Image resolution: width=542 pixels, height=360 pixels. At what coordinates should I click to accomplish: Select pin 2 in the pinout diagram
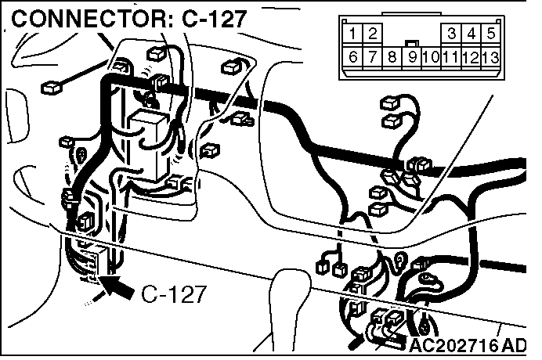pos(373,34)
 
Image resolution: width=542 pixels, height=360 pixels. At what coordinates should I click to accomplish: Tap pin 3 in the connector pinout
pos(453,34)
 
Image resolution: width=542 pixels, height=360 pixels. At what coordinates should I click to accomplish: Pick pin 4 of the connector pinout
pos(472,34)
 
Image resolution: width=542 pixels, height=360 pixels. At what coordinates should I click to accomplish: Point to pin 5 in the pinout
pos(490,34)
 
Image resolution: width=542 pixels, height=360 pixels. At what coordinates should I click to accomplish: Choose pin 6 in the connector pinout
pos(354,57)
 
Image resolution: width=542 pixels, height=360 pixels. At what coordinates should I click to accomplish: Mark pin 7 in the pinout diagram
pos(373,57)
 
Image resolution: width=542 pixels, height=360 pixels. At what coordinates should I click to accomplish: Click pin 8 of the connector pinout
pos(392,57)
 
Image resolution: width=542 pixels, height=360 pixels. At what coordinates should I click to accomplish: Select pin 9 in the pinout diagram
pos(411,57)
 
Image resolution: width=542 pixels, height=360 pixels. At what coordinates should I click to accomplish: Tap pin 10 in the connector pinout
pos(430,57)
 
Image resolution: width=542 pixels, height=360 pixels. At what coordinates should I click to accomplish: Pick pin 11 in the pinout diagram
pos(450,57)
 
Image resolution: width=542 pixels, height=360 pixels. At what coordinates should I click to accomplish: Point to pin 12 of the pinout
pos(470,57)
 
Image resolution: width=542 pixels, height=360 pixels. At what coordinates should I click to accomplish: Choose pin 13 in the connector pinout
pos(490,57)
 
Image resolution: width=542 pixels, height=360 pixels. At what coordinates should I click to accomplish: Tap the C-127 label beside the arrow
pos(175,294)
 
